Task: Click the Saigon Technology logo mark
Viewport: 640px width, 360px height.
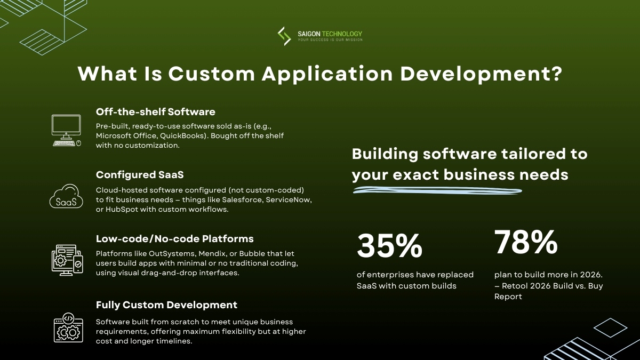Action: click(x=284, y=36)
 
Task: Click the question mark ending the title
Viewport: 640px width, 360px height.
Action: click(x=555, y=74)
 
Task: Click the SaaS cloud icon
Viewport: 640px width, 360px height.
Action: click(x=66, y=197)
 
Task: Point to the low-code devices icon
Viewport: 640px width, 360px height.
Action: click(x=67, y=260)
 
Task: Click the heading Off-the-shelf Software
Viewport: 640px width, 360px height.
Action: click(x=155, y=111)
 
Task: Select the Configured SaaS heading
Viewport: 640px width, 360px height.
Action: click(x=139, y=175)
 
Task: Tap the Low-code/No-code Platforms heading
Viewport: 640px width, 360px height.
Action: click(x=174, y=238)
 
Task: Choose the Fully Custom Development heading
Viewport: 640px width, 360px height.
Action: click(x=166, y=305)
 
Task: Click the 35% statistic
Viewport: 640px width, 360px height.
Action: click(x=389, y=246)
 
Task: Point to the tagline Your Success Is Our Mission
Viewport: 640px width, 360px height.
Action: click(x=330, y=40)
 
